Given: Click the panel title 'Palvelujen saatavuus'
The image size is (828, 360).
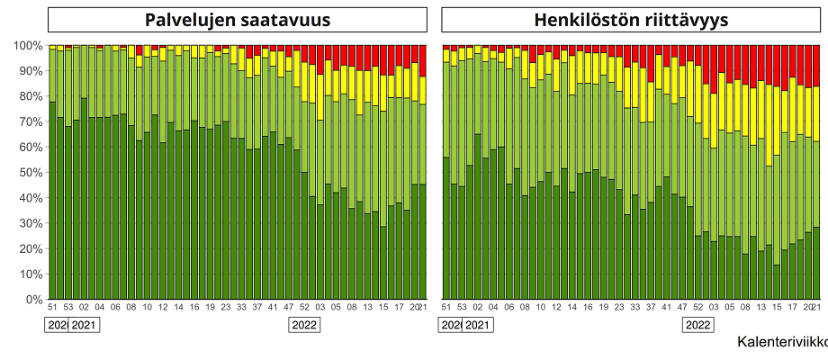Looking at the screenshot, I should [237, 21].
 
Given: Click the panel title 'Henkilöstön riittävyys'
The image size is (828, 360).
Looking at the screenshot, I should [631, 21].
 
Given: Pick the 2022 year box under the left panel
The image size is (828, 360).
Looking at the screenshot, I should [303, 325].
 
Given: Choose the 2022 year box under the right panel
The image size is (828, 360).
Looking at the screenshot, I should [697, 325].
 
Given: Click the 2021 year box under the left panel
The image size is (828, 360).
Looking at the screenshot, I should [84, 325].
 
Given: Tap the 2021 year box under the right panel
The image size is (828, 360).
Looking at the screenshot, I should [478, 325].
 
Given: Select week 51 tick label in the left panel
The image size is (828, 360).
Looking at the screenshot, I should [52, 308].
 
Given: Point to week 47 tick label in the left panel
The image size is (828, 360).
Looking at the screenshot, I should [288, 308].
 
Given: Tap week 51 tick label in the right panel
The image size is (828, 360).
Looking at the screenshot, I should [446, 308].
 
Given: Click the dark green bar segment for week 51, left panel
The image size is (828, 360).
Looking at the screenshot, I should [52, 202].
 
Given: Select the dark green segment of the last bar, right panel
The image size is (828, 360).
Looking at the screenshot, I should [815, 263].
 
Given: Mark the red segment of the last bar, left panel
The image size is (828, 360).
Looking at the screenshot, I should [422, 61].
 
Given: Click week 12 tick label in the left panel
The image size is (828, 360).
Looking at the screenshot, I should [162, 308].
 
